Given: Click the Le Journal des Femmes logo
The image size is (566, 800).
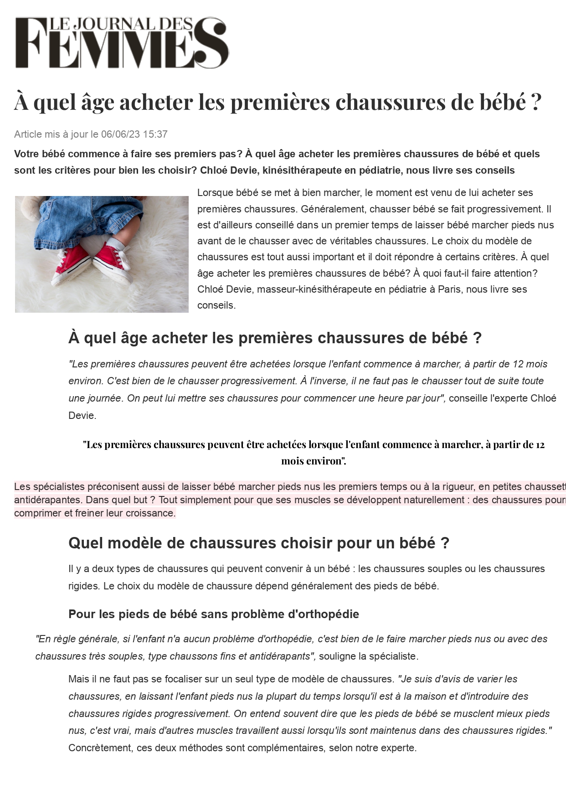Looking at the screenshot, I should tap(122, 43).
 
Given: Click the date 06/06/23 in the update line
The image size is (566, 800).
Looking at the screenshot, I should tap(120, 134).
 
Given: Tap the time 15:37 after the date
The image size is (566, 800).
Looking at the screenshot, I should tap(155, 134).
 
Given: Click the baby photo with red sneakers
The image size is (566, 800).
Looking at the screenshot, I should tap(102, 254).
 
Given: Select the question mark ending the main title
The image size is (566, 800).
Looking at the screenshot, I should tap(536, 102).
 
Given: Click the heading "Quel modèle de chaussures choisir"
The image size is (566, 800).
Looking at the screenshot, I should tap(258, 543).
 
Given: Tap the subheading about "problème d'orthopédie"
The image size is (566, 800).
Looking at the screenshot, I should tap(213, 614).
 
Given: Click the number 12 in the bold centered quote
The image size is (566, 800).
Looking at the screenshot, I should tap(540, 444).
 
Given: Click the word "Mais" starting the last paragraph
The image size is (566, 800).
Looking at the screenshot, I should tap(78, 679).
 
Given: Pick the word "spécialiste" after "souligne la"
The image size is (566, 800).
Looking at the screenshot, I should tap(393, 657).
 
